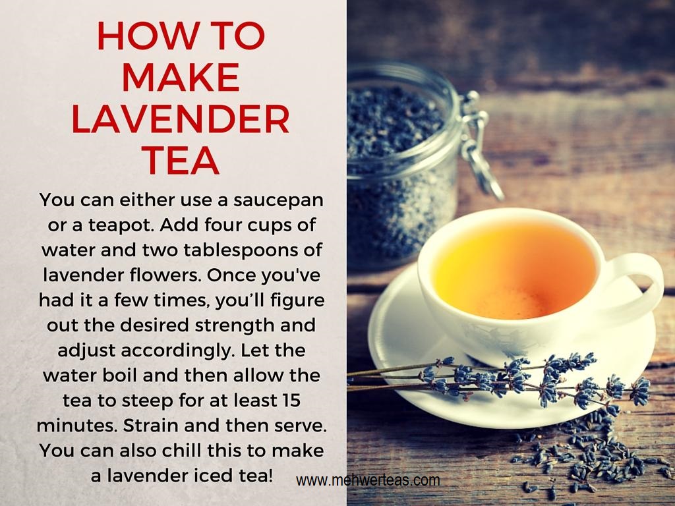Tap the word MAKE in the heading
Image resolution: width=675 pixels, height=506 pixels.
pos(181,77)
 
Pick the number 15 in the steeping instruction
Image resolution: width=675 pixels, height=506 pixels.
pos(291,400)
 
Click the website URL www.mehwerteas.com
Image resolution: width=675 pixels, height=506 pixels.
pos(368,480)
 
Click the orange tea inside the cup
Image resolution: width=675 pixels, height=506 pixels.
pos(515,269)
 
